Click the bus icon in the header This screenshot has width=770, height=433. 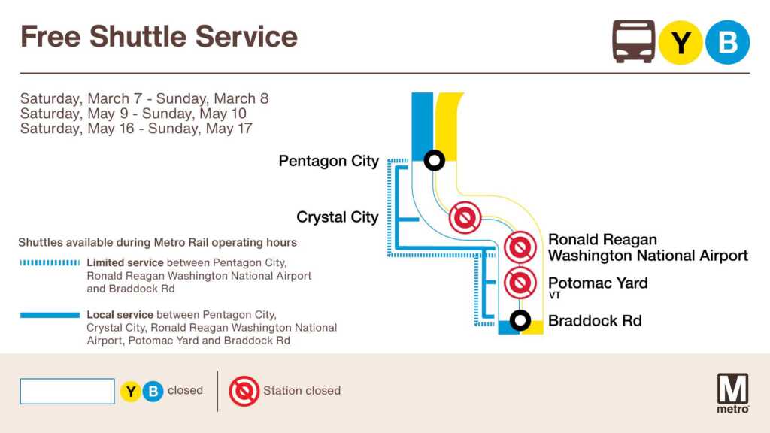tap(633, 42)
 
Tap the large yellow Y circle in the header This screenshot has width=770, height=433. tap(680, 42)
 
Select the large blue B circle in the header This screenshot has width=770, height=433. tap(727, 42)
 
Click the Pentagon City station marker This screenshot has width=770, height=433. tap(434, 160)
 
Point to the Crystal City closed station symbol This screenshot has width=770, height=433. tap(465, 217)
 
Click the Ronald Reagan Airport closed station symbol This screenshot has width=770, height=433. tap(520, 247)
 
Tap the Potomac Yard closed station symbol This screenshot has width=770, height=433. tap(520, 283)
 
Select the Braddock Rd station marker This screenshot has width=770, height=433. tap(520, 320)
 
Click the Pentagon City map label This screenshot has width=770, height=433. tap(329, 161)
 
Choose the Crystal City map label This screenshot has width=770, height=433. tap(338, 217)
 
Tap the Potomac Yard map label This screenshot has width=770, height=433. tap(598, 283)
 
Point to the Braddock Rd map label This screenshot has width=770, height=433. tap(595, 320)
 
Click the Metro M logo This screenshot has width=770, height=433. tap(732, 392)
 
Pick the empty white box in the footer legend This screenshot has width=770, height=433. tap(67, 391)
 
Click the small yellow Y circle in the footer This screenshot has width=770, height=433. tap(131, 391)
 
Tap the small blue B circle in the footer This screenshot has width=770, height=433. tap(153, 391)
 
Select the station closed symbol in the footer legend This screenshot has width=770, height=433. tap(244, 391)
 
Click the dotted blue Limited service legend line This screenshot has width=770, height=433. tap(50, 263)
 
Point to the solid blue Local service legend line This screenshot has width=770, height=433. tap(50, 315)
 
